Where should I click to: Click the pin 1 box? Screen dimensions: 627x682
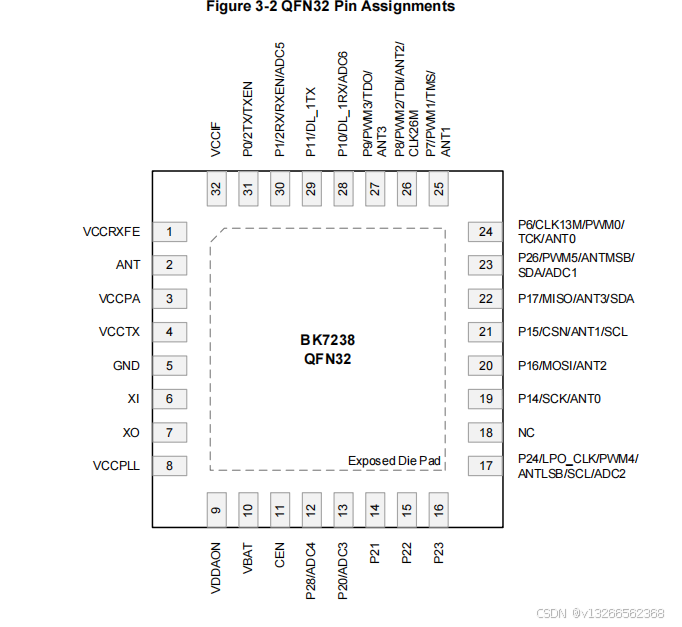[x=169, y=232]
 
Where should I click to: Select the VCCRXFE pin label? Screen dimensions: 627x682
[x=111, y=232]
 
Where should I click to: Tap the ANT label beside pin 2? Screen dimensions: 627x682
[x=128, y=265]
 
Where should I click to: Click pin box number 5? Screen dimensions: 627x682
[x=169, y=365]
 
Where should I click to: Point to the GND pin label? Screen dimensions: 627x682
[x=126, y=365]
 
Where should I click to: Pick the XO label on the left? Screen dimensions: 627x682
[x=131, y=432]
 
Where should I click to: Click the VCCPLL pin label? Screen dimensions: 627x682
[x=116, y=465]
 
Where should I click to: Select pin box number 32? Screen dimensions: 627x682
[x=216, y=188]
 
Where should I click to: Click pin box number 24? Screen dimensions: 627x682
[x=486, y=232]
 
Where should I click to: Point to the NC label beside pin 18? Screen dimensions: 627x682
[x=526, y=432]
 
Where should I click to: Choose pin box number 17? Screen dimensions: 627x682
[x=486, y=465]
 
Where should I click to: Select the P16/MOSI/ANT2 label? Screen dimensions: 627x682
[x=562, y=365]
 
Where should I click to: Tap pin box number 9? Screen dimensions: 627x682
[x=216, y=510]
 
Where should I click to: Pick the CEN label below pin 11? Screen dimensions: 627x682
[x=280, y=555]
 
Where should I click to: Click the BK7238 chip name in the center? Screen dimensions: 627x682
[x=328, y=340]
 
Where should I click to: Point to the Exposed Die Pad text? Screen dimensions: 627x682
[x=394, y=460]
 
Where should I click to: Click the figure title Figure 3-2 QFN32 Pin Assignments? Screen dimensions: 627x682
[x=330, y=7]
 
